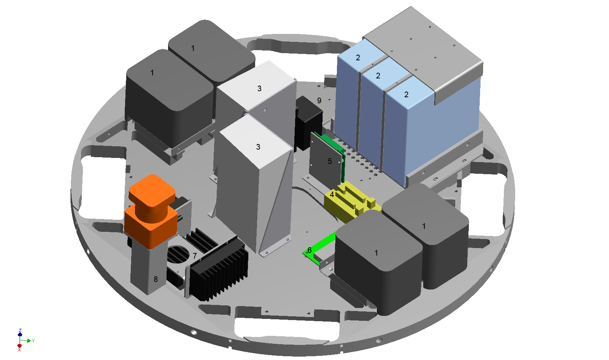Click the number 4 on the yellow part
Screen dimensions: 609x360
[332, 195]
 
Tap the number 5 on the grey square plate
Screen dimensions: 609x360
[330, 161]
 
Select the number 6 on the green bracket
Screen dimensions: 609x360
[309, 250]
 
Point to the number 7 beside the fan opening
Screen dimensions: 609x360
[195, 256]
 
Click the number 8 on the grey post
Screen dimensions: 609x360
[156, 279]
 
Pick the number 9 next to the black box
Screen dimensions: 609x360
[319, 101]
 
